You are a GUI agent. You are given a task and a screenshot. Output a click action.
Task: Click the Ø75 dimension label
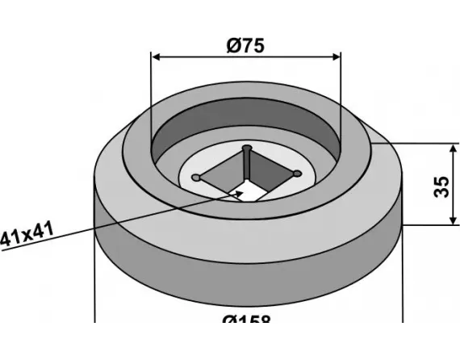tap(246, 45)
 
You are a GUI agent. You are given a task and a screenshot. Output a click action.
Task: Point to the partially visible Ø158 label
tap(246, 320)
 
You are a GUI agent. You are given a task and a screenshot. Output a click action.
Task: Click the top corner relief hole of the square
tap(249, 150)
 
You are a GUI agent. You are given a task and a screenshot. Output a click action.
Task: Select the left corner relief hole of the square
tap(196, 177)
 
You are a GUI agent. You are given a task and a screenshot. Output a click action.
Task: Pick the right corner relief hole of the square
tap(298, 173)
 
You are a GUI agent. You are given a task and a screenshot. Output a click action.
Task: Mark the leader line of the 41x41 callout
tap(121, 221)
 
